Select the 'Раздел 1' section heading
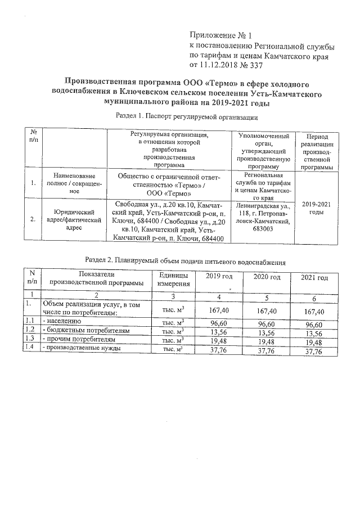(186, 117)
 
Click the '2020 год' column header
(267, 277)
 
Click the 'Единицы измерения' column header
(174, 278)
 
